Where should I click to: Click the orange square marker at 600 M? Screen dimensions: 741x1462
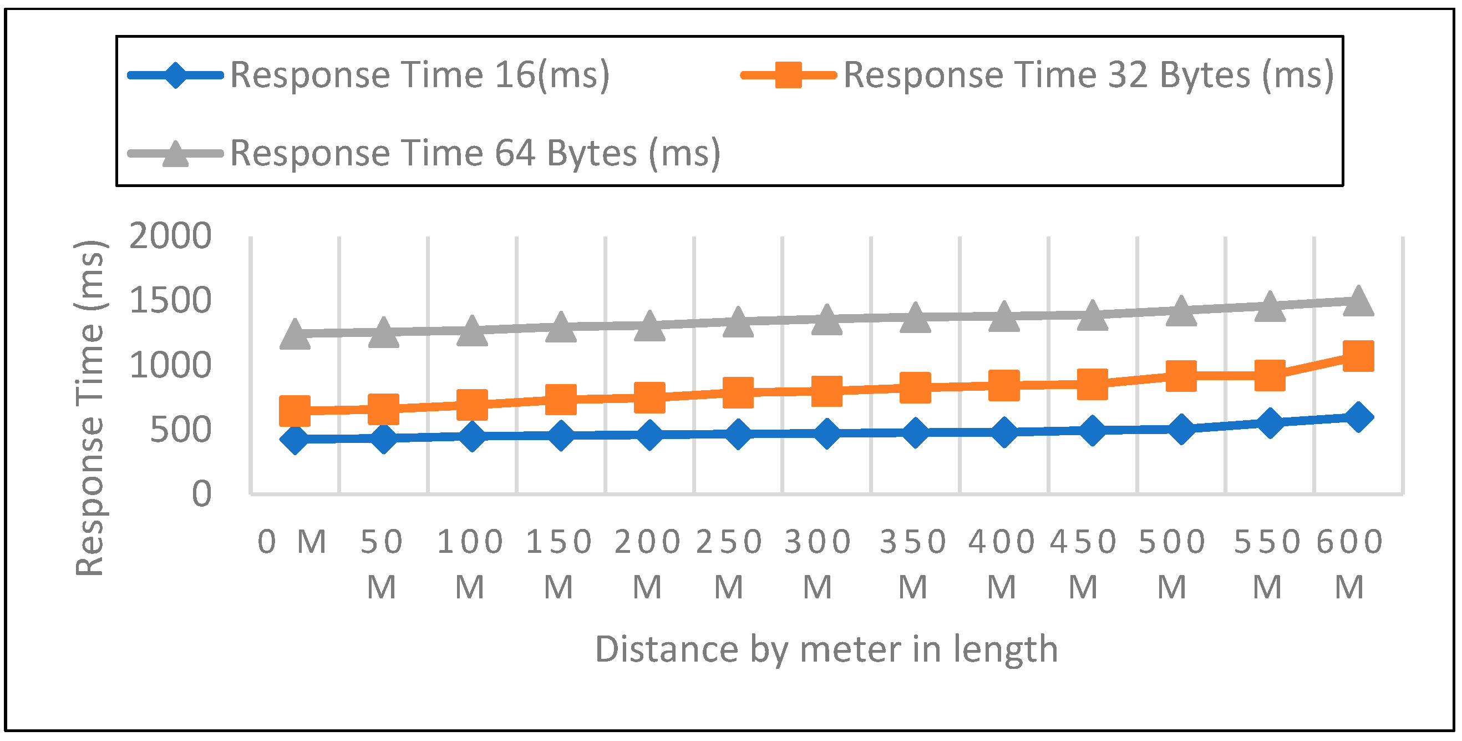click(1358, 356)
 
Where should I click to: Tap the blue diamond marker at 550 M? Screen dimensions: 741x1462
click(1270, 422)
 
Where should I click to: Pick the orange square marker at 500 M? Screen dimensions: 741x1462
click(1181, 375)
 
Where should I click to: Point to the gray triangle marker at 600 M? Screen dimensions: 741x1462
click(1358, 300)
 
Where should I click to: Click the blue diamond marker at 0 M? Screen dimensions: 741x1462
click(295, 439)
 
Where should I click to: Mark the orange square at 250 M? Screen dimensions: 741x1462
click(738, 392)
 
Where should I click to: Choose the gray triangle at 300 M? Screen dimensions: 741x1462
click(826, 320)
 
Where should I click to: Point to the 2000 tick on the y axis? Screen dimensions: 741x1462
click(170, 236)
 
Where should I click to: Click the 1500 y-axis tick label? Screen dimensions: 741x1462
click(170, 300)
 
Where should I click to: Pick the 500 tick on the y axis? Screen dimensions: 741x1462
click(180, 430)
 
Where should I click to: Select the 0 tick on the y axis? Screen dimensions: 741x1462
click(201, 494)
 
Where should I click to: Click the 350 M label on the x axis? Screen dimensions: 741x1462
click(913, 563)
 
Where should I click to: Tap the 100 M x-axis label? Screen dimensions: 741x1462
click(470, 563)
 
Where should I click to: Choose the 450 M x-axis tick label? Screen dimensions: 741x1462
click(1083, 563)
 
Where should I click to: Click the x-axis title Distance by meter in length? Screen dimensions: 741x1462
click(826, 649)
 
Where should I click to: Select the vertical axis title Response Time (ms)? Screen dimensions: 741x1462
click(90, 408)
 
